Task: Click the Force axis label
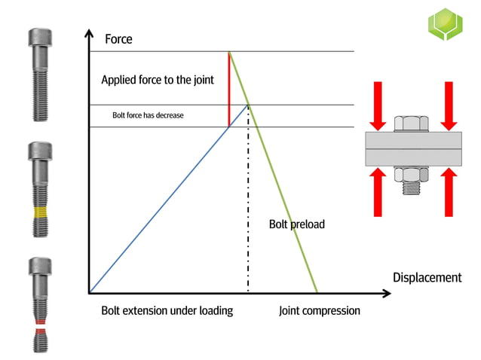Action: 118,38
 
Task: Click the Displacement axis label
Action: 427,277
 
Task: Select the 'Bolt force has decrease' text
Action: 148,115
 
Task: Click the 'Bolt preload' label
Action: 296,224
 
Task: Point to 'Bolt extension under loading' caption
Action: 167,310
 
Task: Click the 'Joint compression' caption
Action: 319,310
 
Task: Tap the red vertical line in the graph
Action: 229,90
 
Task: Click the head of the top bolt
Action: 41,38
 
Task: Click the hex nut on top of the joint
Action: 412,124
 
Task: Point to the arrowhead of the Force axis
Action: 89,34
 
